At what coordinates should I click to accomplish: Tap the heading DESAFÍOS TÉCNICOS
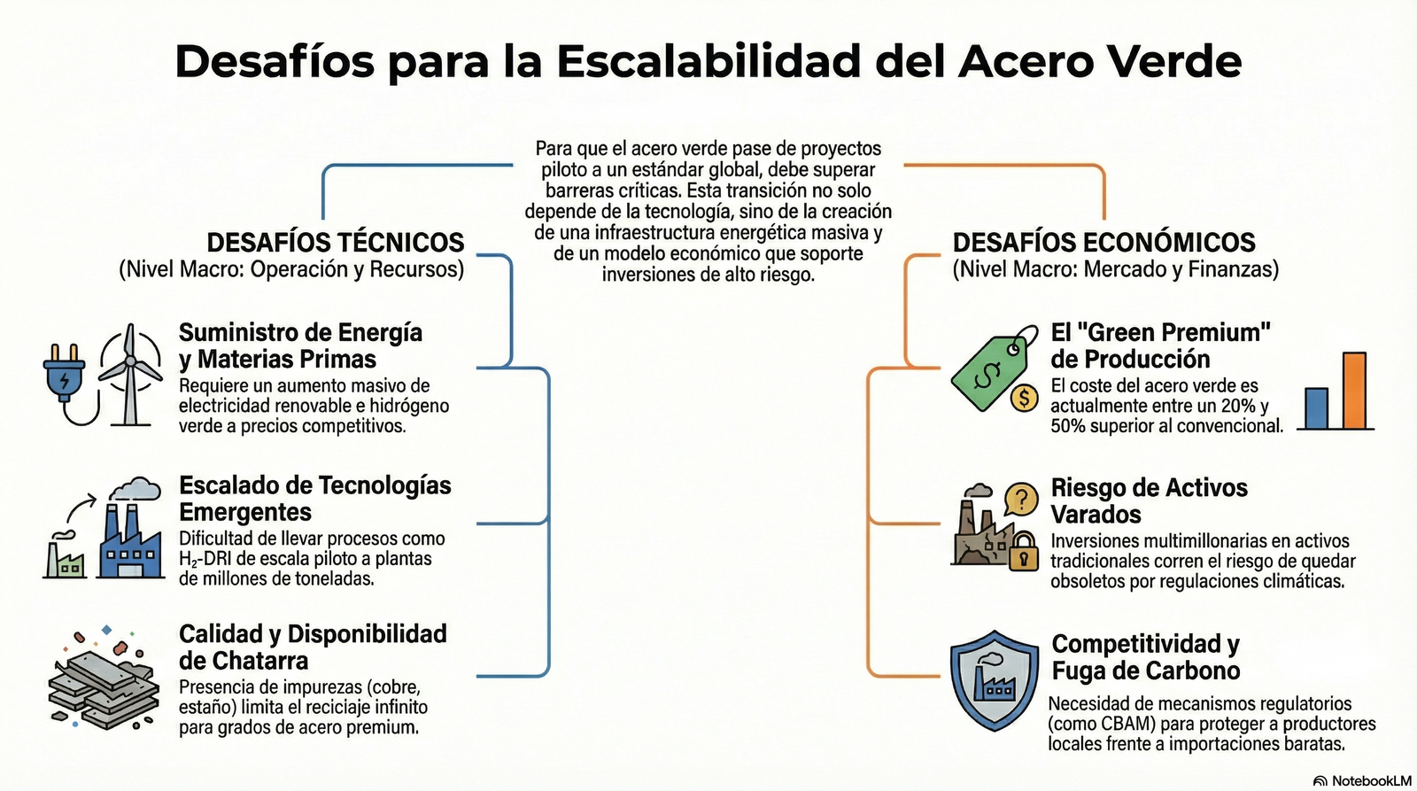[x=335, y=243]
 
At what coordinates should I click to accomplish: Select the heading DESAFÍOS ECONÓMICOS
[x=1103, y=243]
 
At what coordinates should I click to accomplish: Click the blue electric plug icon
[x=65, y=376]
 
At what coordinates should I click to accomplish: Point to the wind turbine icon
[x=130, y=372]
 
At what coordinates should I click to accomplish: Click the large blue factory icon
[x=131, y=540]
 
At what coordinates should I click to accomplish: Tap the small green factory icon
[x=66, y=556]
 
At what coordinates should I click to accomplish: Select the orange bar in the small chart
[x=1354, y=391]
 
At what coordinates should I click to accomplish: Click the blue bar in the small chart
[x=1316, y=408]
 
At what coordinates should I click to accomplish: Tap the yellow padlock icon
[x=1024, y=551]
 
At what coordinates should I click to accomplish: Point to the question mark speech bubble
[x=1021, y=500]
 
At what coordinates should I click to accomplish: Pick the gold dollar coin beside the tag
[x=1024, y=398]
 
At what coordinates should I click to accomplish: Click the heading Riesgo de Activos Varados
[x=1148, y=500]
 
